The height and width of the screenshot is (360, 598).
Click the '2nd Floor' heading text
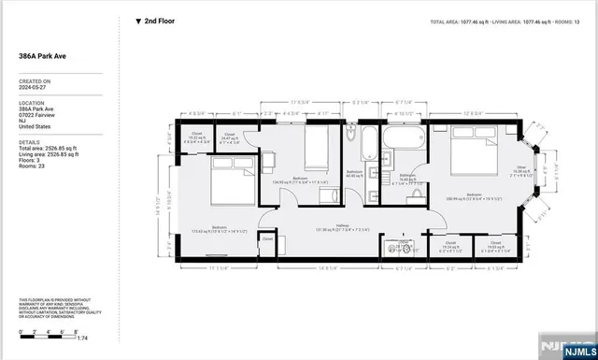tap(159, 21)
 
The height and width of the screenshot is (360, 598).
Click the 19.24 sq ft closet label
tap(450, 249)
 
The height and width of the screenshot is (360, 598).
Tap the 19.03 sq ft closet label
tap(497, 249)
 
